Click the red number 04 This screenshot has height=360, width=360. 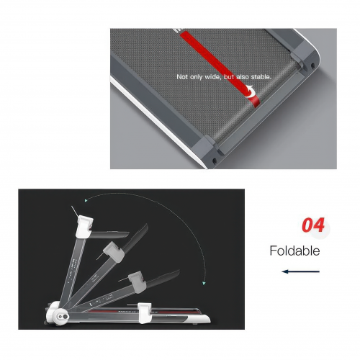coord(313,225)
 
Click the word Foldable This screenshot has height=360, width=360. coord(294,251)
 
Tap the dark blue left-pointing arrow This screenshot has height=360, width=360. coord(301,271)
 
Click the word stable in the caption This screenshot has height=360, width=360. coord(261,77)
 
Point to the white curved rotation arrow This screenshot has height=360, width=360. coord(250,91)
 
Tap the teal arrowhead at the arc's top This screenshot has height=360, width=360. coord(86,200)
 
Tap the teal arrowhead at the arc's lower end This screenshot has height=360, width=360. coord(204,284)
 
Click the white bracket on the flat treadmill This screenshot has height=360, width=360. coord(145,313)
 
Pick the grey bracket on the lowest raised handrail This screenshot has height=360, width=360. coord(137,282)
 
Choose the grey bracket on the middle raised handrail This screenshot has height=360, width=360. coord(114,251)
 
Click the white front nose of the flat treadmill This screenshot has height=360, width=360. coord(201,318)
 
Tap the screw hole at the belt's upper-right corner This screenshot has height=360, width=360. coord(312,65)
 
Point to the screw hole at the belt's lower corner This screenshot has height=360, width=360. coord(215,161)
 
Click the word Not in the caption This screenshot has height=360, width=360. coord(182,77)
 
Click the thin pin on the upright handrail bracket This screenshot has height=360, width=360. coord(74,211)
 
